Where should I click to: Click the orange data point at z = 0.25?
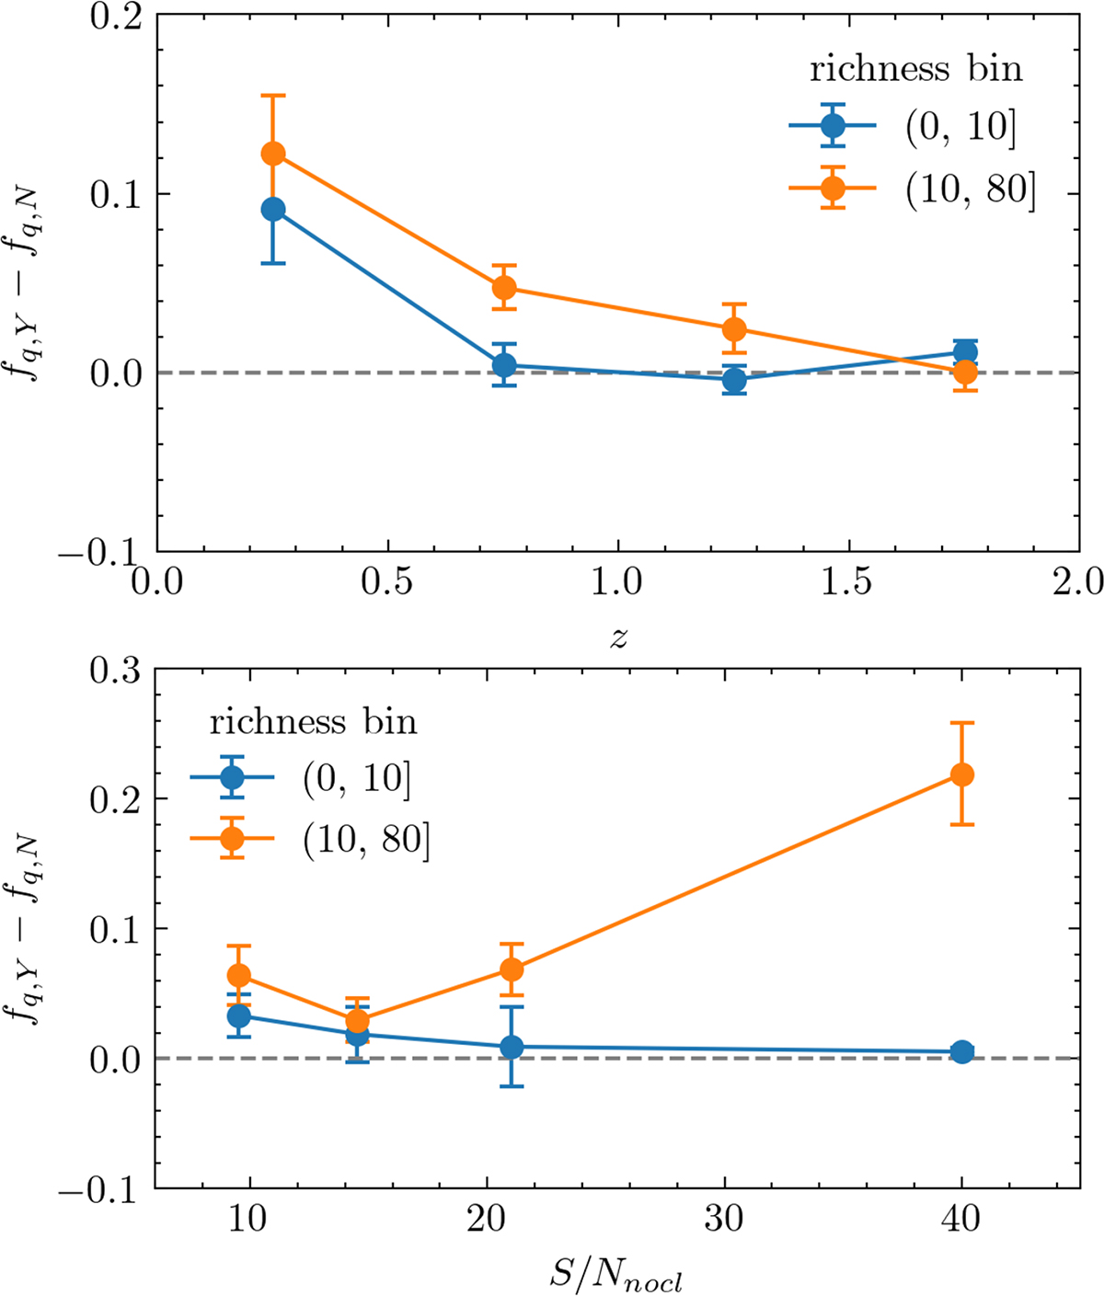pos(272,154)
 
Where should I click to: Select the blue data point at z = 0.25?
pos(272,210)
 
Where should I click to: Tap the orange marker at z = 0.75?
pos(503,288)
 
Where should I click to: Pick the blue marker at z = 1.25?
pos(733,379)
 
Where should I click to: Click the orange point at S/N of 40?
pos(961,774)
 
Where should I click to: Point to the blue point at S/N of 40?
pos(961,1052)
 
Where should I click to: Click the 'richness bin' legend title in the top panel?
pos(915,70)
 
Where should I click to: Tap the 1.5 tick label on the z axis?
pos(847,583)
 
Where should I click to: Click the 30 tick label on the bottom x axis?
pos(723,1220)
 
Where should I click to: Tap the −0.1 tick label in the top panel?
pos(99,551)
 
